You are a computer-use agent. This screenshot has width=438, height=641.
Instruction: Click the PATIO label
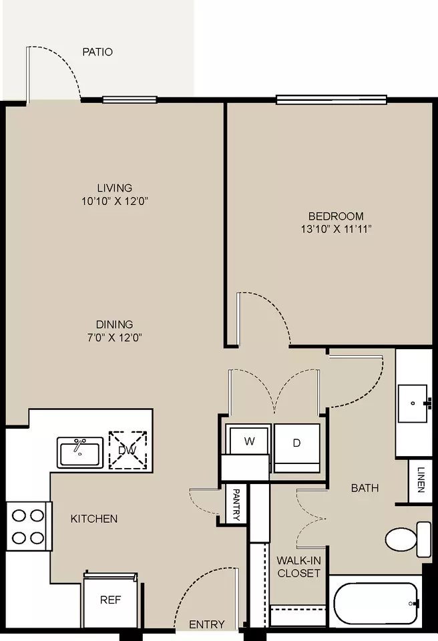(x=97, y=52)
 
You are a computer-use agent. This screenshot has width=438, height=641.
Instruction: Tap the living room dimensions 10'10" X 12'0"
(x=115, y=201)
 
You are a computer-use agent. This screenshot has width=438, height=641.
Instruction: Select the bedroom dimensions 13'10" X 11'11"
(x=336, y=229)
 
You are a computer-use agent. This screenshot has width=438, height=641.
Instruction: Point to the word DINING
(x=115, y=325)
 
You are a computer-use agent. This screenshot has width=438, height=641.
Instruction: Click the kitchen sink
(x=80, y=453)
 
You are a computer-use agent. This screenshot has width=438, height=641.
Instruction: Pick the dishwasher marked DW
(x=128, y=450)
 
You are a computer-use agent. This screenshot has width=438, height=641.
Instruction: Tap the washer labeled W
(x=248, y=440)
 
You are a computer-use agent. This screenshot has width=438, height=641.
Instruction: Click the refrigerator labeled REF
(x=110, y=600)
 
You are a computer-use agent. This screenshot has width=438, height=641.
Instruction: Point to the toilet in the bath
(x=408, y=540)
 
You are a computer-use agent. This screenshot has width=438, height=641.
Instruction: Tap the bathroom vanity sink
(x=413, y=403)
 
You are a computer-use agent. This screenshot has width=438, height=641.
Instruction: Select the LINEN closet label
(x=421, y=479)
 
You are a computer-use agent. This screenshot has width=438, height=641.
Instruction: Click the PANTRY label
(x=236, y=505)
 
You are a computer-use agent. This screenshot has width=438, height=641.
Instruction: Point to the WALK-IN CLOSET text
(x=299, y=567)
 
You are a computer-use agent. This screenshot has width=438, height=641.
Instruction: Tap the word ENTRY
(x=207, y=625)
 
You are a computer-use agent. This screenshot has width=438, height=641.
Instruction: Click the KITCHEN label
(x=94, y=519)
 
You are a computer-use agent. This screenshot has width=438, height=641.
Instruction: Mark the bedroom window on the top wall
(x=331, y=99)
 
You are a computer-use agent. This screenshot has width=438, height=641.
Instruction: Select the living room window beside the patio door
(x=130, y=99)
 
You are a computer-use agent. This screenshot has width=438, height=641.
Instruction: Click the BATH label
(x=365, y=487)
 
